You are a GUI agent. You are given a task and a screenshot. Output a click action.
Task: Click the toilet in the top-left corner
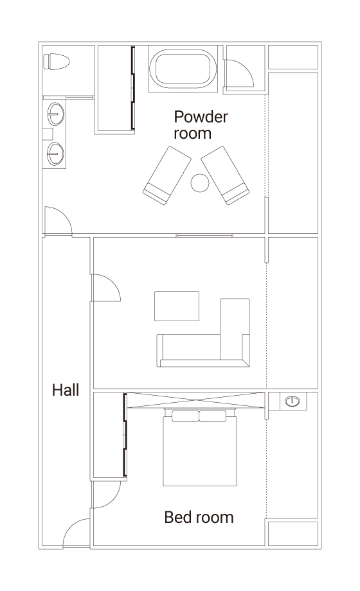pos(56,62)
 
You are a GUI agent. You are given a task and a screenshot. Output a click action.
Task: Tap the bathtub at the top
pos(183,69)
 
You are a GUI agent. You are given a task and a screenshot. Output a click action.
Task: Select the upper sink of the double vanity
pos(55,113)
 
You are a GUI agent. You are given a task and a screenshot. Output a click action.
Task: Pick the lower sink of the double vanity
pos(55,154)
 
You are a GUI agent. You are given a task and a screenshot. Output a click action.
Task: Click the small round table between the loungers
pos(200,183)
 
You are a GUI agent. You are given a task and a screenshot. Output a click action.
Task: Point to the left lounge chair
pos(166,175)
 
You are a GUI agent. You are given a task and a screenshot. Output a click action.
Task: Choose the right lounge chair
pos(225,175)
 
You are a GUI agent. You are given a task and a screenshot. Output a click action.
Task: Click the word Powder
pos(201,117)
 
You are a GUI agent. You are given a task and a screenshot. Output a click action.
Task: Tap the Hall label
pos(66,390)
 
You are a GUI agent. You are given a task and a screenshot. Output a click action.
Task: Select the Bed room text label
pos(199,517)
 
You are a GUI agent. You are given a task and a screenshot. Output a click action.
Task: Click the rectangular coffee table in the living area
pos(177,306)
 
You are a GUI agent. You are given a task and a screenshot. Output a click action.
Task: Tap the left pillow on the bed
pos(185,416)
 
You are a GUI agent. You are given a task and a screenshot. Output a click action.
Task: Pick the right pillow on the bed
pos(213,416)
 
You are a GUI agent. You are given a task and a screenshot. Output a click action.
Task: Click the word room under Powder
pos(192,134)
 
